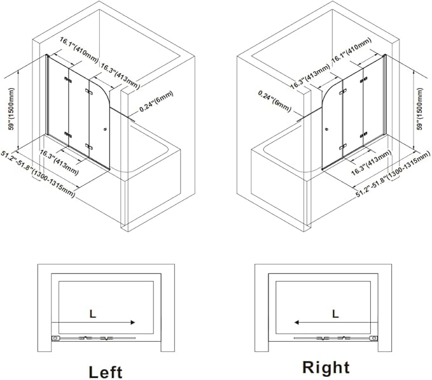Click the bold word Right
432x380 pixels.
click(325, 367)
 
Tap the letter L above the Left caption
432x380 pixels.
click(93, 313)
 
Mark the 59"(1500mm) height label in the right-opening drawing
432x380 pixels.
click(422, 107)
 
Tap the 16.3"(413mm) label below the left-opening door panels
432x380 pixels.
click(59, 162)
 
